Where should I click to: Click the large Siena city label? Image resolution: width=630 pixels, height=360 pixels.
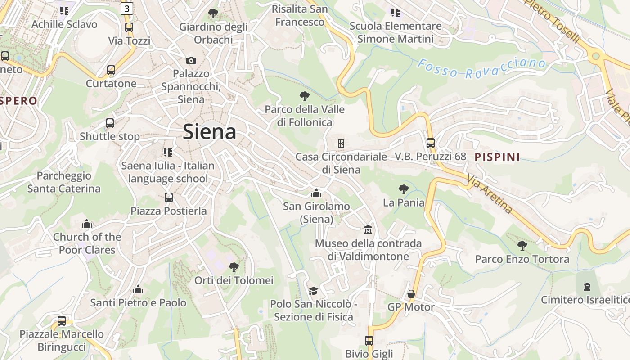click(x=209, y=132)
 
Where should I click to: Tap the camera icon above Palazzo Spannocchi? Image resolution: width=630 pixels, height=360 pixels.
click(x=191, y=60)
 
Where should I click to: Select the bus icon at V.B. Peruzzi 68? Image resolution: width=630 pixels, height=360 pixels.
click(x=431, y=143)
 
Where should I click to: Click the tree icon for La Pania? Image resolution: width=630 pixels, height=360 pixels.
click(x=404, y=189)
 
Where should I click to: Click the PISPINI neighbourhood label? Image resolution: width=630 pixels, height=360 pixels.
click(x=497, y=157)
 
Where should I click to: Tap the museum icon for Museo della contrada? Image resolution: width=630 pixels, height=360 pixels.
click(x=368, y=230)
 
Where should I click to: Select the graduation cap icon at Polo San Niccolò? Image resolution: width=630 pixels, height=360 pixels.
click(x=313, y=291)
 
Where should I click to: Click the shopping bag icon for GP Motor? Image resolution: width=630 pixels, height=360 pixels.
click(x=411, y=294)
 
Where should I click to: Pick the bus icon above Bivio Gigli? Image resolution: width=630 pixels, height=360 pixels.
click(x=369, y=340)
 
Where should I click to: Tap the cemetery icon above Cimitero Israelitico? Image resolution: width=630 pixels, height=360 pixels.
click(x=587, y=286)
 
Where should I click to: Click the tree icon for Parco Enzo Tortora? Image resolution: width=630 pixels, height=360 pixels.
click(x=522, y=246)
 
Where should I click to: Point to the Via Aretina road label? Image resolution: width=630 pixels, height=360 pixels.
click(x=490, y=194)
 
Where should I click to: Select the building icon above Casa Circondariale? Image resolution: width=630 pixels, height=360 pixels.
click(x=341, y=144)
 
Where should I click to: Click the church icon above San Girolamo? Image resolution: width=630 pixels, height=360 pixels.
click(x=316, y=193)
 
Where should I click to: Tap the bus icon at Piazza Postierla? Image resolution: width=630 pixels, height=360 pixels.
click(x=169, y=197)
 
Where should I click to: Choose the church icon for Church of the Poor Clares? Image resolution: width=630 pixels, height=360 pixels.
click(x=87, y=224)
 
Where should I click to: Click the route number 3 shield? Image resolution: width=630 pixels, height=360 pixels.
click(x=127, y=8)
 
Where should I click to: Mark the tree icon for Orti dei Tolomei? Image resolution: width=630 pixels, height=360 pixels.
click(x=234, y=267)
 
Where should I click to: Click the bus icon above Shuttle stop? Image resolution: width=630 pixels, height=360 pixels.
click(x=110, y=123)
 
